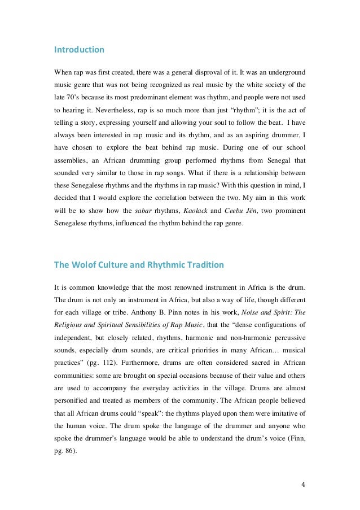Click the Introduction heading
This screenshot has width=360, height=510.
click(x=79, y=50)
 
